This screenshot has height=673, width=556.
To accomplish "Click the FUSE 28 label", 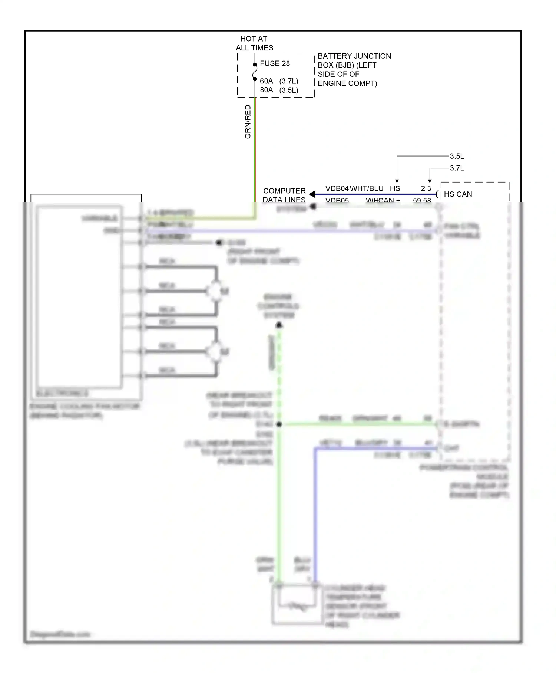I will [x=275, y=63].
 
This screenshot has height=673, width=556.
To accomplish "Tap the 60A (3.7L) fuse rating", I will [x=279, y=81].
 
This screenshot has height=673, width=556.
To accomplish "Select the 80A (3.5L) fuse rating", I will [x=279, y=90].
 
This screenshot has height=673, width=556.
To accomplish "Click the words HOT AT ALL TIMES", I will [x=254, y=43].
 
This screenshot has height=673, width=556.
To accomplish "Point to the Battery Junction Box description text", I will [x=354, y=69].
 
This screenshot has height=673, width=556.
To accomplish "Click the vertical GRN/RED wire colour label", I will [x=248, y=122].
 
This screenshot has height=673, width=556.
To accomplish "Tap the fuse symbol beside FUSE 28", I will [x=255, y=72].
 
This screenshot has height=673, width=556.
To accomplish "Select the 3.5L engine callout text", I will [x=457, y=156].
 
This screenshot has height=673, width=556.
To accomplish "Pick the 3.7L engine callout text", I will [x=457, y=168].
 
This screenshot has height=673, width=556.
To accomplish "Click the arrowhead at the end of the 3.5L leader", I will [x=397, y=181].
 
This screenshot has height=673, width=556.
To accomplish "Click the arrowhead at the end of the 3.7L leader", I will [x=430, y=181].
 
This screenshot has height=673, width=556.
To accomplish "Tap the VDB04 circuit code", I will [x=337, y=188].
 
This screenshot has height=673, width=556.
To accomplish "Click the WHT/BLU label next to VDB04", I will [x=367, y=188].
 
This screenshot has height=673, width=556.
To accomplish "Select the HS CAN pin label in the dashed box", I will [x=458, y=194].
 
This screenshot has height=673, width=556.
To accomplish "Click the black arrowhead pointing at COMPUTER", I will [x=312, y=194].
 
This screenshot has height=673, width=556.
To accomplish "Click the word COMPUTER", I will [x=284, y=191].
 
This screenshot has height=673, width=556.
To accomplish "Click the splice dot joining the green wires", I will [x=279, y=424].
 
